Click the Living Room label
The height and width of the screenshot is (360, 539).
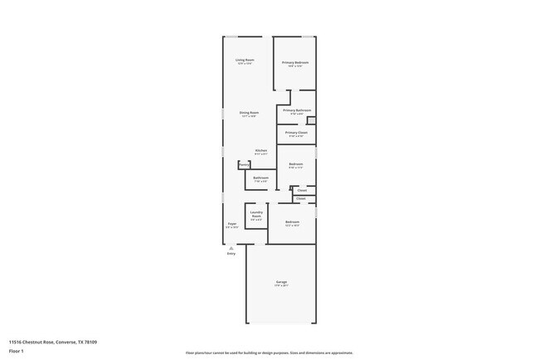click(245, 61)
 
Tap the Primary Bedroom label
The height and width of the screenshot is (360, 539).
click(295, 63)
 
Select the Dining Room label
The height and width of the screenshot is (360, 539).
click(249, 113)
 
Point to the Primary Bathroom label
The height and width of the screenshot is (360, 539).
click(297, 110)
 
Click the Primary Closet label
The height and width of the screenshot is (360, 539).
click(296, 133)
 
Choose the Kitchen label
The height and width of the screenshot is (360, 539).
click(260, 150)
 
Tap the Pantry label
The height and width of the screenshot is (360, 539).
click(244, 165)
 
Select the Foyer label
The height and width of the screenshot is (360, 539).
click(232, 224)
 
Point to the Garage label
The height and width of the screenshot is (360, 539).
click(282, 283)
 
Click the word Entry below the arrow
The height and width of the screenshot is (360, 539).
click(231, 253)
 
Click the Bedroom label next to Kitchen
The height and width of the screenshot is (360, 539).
click(296, 164)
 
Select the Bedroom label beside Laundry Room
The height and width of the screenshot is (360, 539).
click(292, 221)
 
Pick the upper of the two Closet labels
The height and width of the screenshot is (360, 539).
click(302, 190)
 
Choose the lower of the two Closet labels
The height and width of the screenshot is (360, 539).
click(301, 199)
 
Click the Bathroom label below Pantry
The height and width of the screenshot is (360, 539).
click(260, 178)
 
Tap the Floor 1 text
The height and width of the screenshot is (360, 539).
click(16, 351)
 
